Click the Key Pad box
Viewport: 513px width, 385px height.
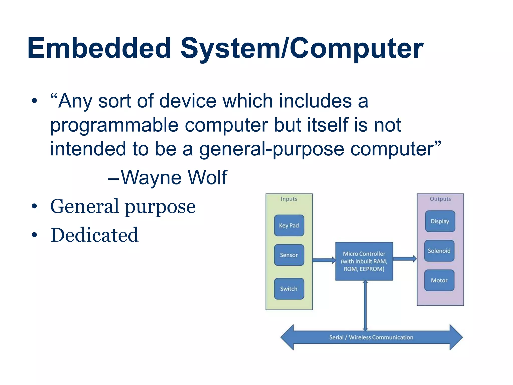(x=289, y=225)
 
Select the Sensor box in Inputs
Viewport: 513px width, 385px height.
(x=289, y=255)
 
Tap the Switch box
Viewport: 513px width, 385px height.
(x=289, y=288)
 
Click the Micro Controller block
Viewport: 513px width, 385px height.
(x=364, y=261)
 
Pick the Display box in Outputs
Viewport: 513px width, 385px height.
(x=440, y=221)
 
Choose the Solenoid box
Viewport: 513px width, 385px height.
(x=439, y=251)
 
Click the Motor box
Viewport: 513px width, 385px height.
(x=439, y=280)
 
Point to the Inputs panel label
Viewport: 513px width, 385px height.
(x=289, y=199)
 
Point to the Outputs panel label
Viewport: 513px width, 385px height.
(x=440, y=199)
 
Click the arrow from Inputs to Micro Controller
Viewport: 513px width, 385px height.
(x=324, y=260)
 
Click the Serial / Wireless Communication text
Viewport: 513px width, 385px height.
(x=371, y=337)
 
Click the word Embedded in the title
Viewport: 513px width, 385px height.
(x=99, y=48)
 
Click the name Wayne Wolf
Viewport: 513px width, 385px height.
(x=174, y=177)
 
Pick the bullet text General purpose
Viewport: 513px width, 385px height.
(x=123, y=206)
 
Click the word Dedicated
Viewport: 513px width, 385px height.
(x=94, y=235)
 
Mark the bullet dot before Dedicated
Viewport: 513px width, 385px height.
(x=34, y=235)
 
